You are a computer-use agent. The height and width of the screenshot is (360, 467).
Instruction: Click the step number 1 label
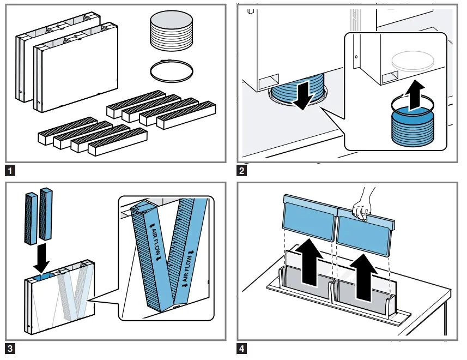pyautogui.click(x=10, y=171)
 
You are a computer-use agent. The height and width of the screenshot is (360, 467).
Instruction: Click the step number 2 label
pyautogui.click(x=241, y=171)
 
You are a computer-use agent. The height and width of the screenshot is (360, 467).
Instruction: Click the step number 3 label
pyautogui.click(x=10, y=349)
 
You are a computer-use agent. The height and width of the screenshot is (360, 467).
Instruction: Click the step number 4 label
pyautogui.click(x=241, y=349)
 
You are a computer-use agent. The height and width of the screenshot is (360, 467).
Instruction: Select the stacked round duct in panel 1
pyautogui.click(x=171, y=31)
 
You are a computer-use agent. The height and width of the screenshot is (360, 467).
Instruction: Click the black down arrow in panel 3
pyautogui.click(x=41, y=258)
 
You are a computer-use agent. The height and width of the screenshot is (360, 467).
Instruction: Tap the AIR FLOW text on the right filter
pyautogui.click(x=188, y=269)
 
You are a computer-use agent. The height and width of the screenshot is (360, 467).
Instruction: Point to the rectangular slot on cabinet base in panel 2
pyautogui.click(x=269, y=81)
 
